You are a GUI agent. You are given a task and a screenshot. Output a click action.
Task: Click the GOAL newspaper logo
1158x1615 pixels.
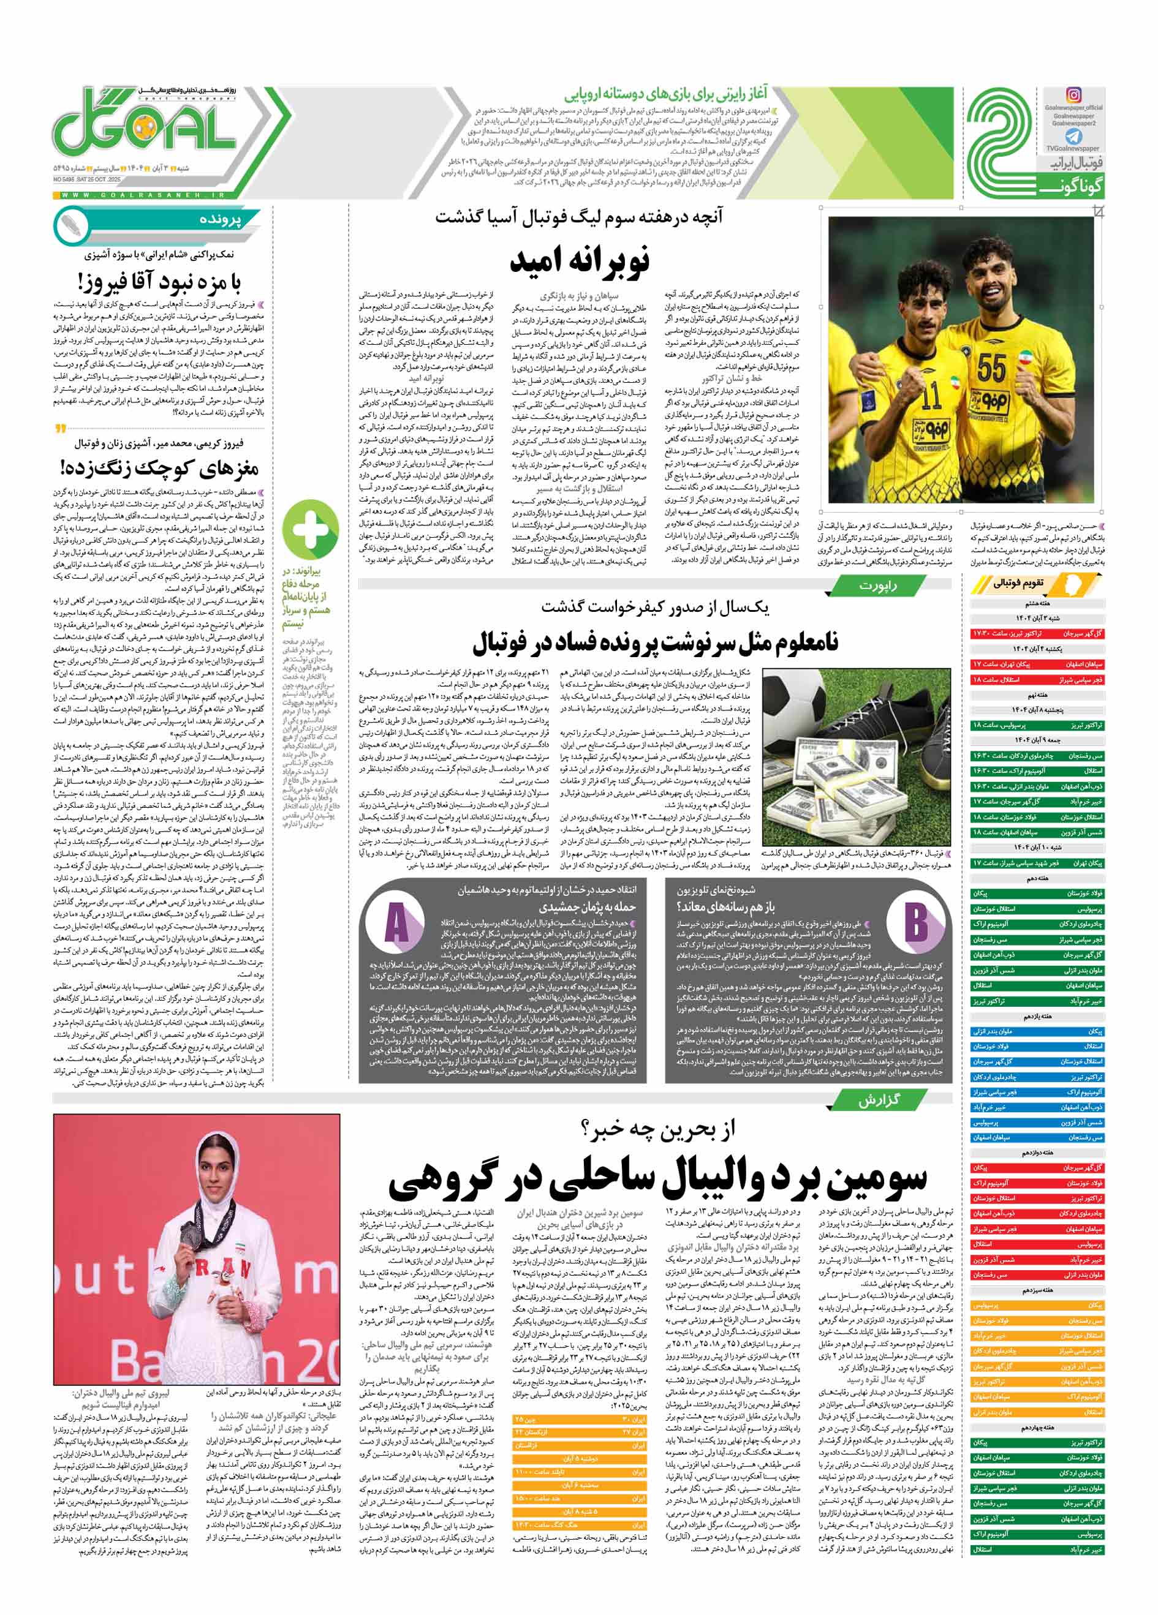click(146, 129)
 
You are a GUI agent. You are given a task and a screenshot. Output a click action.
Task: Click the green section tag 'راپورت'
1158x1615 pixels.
click(877, 585)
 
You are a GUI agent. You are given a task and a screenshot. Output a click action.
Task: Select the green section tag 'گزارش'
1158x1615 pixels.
click(877, 1100)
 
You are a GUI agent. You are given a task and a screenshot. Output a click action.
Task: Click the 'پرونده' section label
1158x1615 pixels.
click(221, 220)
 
